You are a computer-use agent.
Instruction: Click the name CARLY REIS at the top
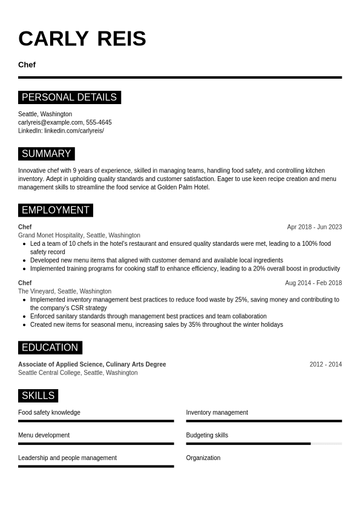pyautogui.click(x=82, y=39)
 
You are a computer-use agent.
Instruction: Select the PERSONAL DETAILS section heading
pyautogui.click(x=69, y=97)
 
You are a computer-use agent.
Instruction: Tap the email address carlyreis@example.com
pyautogui.click(x=51, y=122)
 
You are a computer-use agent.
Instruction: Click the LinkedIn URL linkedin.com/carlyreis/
pyautogui.click(x=74, y=131)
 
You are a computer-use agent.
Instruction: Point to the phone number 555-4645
pyautogui.click(x=99, y=122)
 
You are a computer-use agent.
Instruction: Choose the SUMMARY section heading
pyautogui.click(x=46, y=154)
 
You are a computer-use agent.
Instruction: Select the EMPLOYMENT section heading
pyautogui.click(x=55, y=210)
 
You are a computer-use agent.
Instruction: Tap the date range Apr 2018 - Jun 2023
pyautogui.click(x=314, y=227)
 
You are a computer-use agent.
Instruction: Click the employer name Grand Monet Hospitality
pyautogui.click(x=50, y=235)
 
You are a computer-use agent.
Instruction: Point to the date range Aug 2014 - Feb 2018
pyautogui.click(x=313, y=283)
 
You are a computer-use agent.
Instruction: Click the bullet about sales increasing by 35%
pyautogui.click(x=156, y=324)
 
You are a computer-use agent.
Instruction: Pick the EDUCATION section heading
pyautogui.click(x=50, y=347)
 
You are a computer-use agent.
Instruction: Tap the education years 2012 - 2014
pyautogui.click(x=326, y=364)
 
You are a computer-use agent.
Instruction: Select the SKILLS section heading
pyautogui.click(x=38, y=396)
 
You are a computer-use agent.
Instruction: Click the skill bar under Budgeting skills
pyautogui.click(x=264, y=444)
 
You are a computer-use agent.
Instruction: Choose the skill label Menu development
pyautogui.click(x=44, y=435)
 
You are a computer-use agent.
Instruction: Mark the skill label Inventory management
pyautogui.click(x=217, y=413)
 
